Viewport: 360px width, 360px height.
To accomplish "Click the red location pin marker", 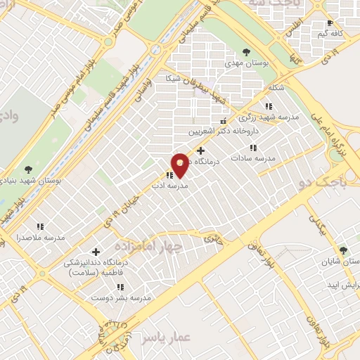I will pyautogui.click(x=181, y=165).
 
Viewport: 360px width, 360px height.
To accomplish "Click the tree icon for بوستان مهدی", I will pyautogui.click(x=246, y=51).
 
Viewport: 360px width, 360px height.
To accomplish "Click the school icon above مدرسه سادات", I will pyautogui.click(x=253, y=148).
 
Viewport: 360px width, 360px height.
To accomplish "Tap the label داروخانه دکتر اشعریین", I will pyautogui.click(x=224, y=131).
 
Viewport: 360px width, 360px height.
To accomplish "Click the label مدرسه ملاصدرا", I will pyautogui.click(x=40, y=238).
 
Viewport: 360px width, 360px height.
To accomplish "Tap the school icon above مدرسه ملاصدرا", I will pyautogui.click(x=41, y=226).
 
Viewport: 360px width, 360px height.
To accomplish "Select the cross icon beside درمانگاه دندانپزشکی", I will pyautogui.click(x=96, y=251).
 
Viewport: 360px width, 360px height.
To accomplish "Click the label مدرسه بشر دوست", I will pyautogui.click(x=121, y=298).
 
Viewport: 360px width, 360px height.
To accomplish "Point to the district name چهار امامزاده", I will pyautogui.click(x=148, y=247).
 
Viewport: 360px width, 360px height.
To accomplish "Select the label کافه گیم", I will pyautogui.click(x=328, y=33).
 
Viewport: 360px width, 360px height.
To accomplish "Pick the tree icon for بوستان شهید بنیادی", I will pyautogui.click(x=28, y=169).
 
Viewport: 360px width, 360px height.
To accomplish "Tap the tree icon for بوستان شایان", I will pyautogui.click(x=343, y=250).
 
